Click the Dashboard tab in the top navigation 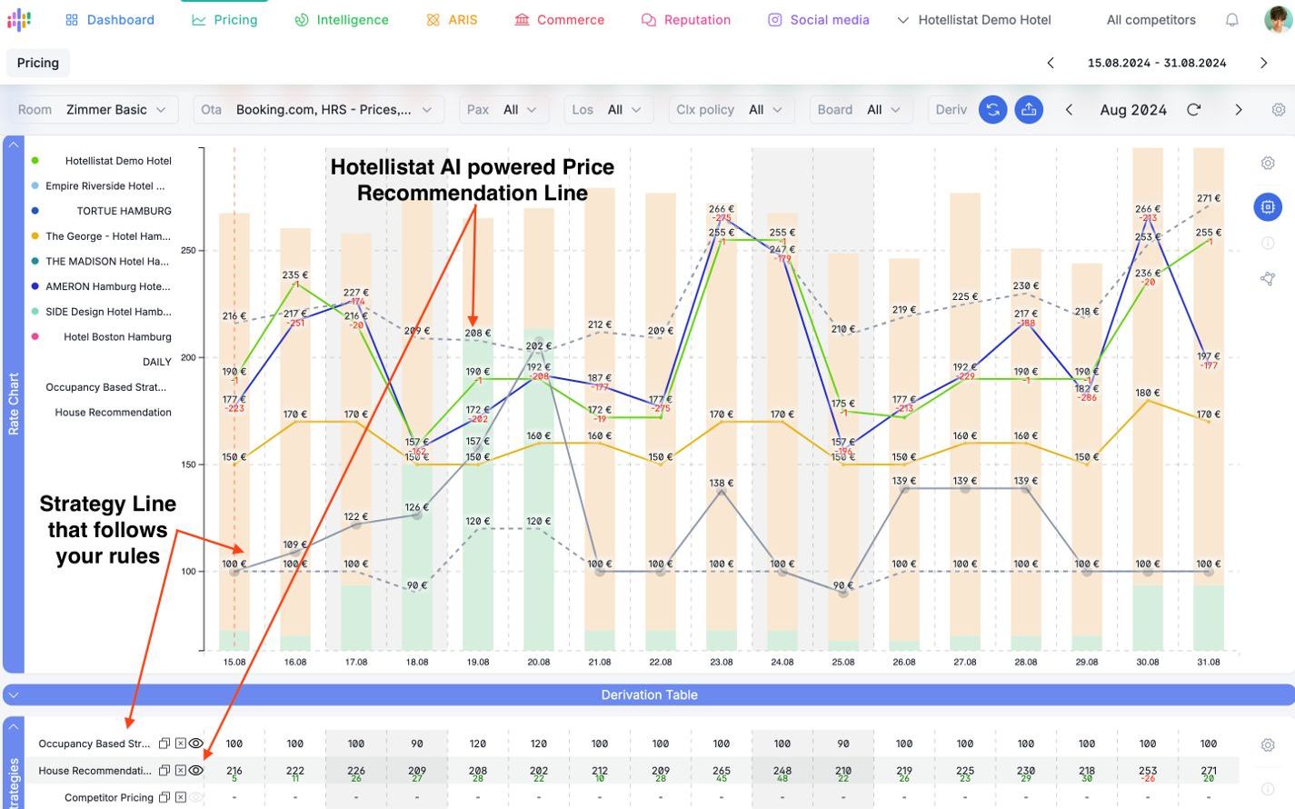click(x=110, y=20)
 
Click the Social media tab click(x=819, y=20)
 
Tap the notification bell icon click(x=1231, y=20)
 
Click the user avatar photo click(x=1278, y=19)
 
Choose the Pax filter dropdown click(x=502, y=110)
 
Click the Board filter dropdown click(x=859, y=110)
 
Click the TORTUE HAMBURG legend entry click(x=124, y=211)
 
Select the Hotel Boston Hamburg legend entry click(x=117, y=337)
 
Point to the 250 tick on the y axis click(x=188, y=250)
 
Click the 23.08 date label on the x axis click(x=722, y=663)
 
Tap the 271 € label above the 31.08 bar click(x=1209, y=198)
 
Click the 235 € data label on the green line click(x=294, y=275)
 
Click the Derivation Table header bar click(x=649, y=695)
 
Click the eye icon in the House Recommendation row click(x=195, y=770)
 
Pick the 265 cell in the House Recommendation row click(x=722, y=770)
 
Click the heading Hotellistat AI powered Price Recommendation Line click(x=472, y=180)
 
